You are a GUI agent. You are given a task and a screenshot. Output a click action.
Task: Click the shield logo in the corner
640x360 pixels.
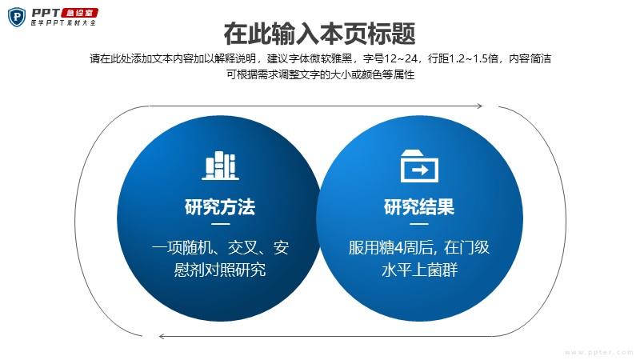tap(16, 17)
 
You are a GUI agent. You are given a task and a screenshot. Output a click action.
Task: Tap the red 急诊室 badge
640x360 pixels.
tap(79, 13)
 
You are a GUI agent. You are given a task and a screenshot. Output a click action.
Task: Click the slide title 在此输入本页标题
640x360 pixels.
tap(319, 34)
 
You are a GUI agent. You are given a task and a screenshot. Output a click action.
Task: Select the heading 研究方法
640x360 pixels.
tap(220, 206)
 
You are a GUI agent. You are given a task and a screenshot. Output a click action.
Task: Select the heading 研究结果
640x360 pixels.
tap(419, 206)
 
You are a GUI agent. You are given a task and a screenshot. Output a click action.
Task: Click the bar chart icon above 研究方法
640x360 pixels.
tap(221, 166)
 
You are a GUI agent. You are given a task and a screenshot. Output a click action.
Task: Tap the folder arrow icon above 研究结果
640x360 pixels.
tap(419, 166)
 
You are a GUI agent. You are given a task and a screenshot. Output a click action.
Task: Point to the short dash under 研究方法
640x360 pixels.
tap(221, 224)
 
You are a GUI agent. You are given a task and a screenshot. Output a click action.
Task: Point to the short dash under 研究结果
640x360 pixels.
tap(419, 224)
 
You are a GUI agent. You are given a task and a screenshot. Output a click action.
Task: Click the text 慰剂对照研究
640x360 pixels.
tap(220, 270)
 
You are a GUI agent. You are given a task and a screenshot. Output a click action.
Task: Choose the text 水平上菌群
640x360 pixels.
tap(419, 270)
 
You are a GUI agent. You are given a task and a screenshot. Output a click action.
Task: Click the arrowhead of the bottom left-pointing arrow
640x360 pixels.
tap(162, 336)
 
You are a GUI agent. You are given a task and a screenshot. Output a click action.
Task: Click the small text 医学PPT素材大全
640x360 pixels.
tap(63, 23)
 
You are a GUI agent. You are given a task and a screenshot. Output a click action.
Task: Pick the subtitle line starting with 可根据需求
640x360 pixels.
tap(321, 74)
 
